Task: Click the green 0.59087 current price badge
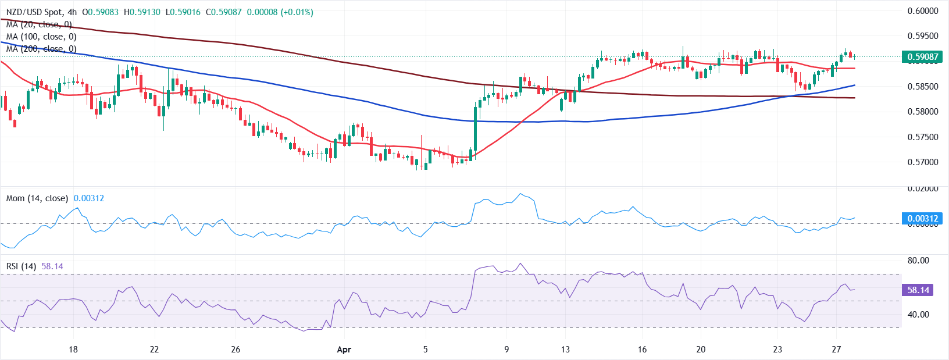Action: click(x=922, y=57)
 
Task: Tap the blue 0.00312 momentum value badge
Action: click(x=922, y=219)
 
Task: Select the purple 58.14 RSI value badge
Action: click(x=918, y=290)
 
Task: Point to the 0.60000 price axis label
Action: click(x=923, y=11)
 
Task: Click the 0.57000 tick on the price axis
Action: click(x=923, y=162)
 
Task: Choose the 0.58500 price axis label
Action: click(x=923, y=87)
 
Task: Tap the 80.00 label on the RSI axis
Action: click(x=918, y=261)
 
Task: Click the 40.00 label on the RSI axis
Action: click(x=918, y=315)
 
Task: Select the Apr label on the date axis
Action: click(x=344, y=350)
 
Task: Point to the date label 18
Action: click(x=73, y=350)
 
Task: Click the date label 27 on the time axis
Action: click(x=836, y=350)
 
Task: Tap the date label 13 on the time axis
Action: click(x=565, y=350)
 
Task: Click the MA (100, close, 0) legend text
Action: click(x=41, y=37)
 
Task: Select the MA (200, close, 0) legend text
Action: click(x=41, y=49)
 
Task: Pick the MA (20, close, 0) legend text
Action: click(x=38, y=24)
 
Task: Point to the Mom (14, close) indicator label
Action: click(x=37, y=198)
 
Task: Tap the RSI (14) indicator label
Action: click(x=21, y=266)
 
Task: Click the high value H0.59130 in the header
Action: click(x=142, y=12)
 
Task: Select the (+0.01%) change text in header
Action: click(x=297, y=12)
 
